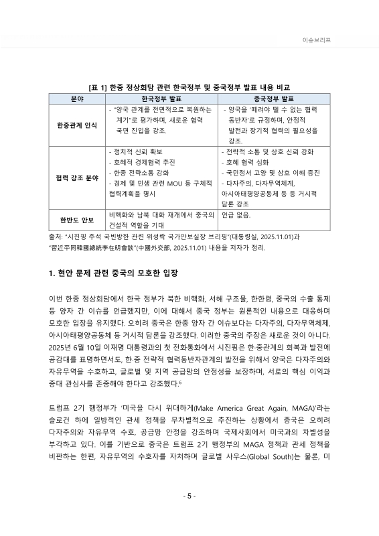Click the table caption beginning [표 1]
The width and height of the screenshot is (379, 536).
point(189,87)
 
